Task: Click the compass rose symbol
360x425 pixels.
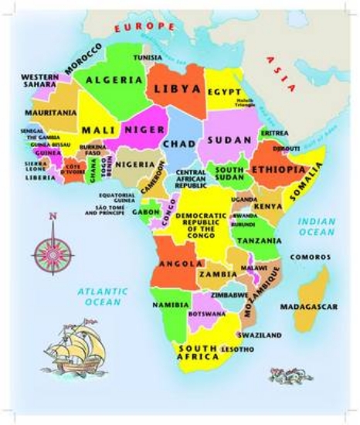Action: [52, 249]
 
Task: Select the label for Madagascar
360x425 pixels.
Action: [308, 307]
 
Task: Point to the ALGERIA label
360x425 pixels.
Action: [114, 80]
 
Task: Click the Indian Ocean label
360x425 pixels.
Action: [317, 226]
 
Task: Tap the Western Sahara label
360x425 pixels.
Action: [40, 82]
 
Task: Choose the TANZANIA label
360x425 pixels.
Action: [259, 241]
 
